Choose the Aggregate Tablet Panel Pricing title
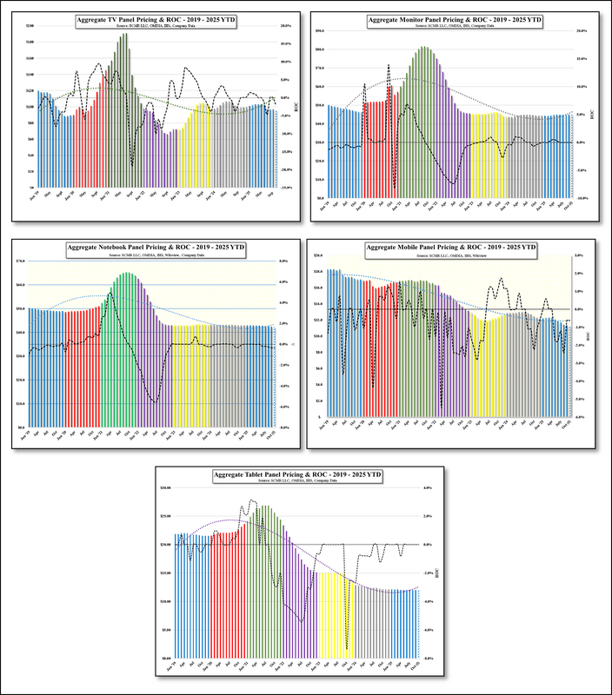(298, 476)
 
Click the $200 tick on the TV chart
(30, 26)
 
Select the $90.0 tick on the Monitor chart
(319, 30)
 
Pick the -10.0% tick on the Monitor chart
(583, 198)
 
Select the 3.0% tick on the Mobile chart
(579, 256)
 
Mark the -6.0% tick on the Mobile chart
(579, 417)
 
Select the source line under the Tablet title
(298, 483)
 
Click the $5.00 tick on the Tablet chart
(166, 630)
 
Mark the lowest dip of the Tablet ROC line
(347, 648)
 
